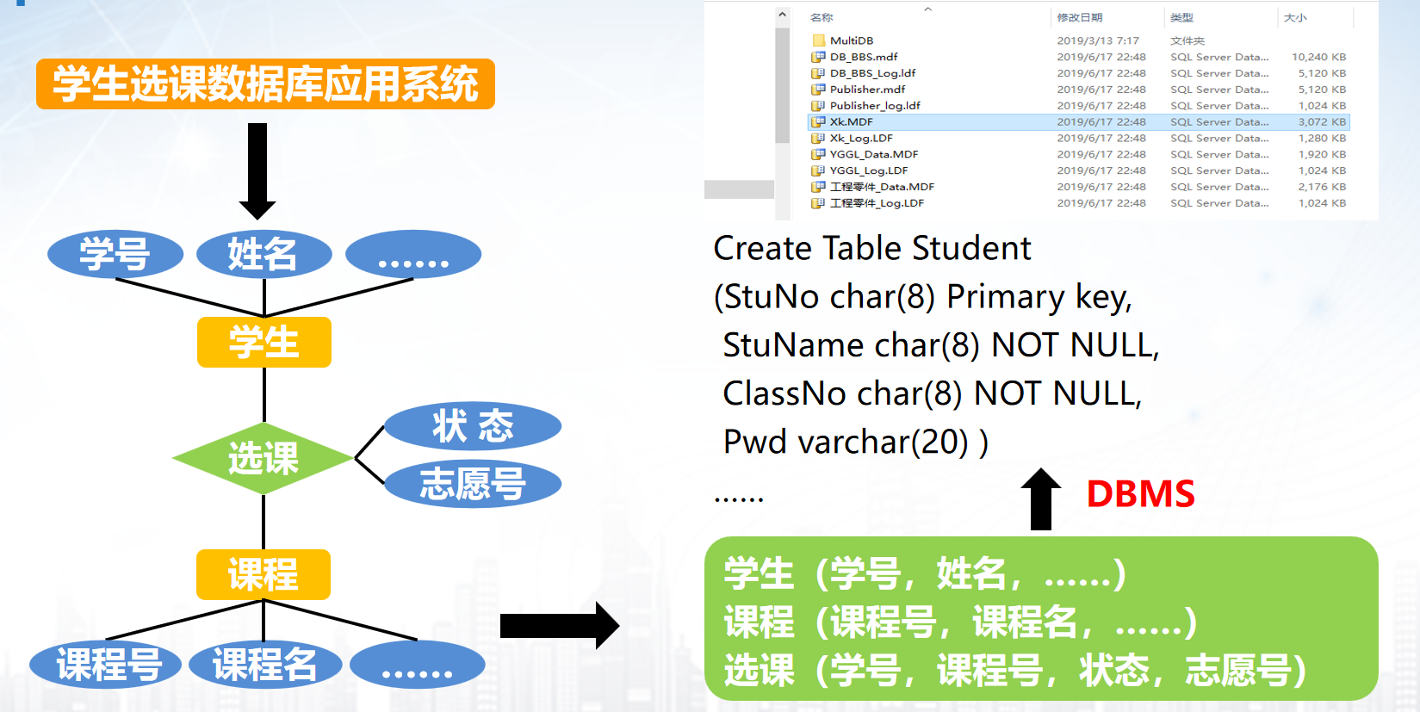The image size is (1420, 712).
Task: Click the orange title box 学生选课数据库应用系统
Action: [265, 84]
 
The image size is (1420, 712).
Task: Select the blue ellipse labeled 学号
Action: [115, 254]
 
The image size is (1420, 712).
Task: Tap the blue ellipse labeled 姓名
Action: [264, 254]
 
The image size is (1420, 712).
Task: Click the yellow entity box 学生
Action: [264, 342]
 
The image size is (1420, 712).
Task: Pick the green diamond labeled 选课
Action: [263, 458]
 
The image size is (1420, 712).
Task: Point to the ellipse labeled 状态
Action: [473, 426]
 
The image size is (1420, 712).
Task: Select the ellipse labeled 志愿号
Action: [473, 484]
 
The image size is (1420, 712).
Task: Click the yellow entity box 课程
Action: [263, 574]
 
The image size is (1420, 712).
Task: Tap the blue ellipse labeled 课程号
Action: [107, 665]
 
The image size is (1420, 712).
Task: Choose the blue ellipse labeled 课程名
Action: [264, 665]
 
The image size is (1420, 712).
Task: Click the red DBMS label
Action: [1140, 494]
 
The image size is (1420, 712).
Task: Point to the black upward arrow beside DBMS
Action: [1040, 499]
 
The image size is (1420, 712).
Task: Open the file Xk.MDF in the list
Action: [852, 122]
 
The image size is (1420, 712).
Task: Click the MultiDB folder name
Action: [852, 40]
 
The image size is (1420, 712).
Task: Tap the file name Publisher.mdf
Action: [867, 90]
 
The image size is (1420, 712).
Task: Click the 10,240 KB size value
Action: [1318, 57]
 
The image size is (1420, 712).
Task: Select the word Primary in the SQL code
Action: [1005, 297]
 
